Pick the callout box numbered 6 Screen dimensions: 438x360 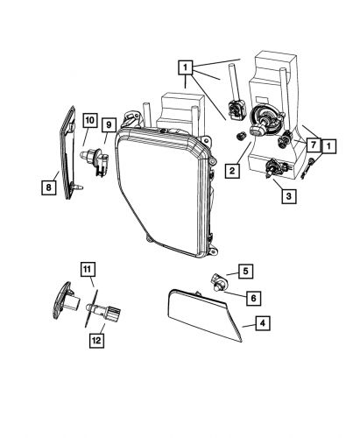[x=252, y=299]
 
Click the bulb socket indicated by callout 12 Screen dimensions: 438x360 [x=109, y=310]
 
